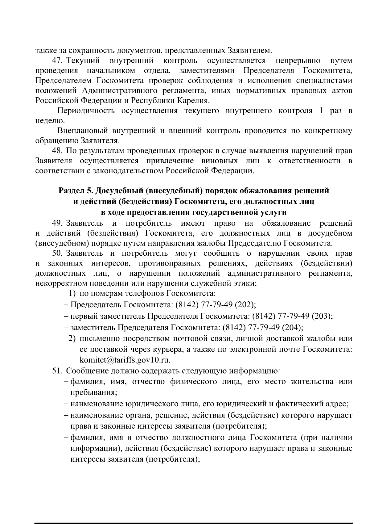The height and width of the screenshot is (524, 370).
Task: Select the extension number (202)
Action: click(245, 305)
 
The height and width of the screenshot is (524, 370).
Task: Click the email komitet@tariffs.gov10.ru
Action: click(125, 360)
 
